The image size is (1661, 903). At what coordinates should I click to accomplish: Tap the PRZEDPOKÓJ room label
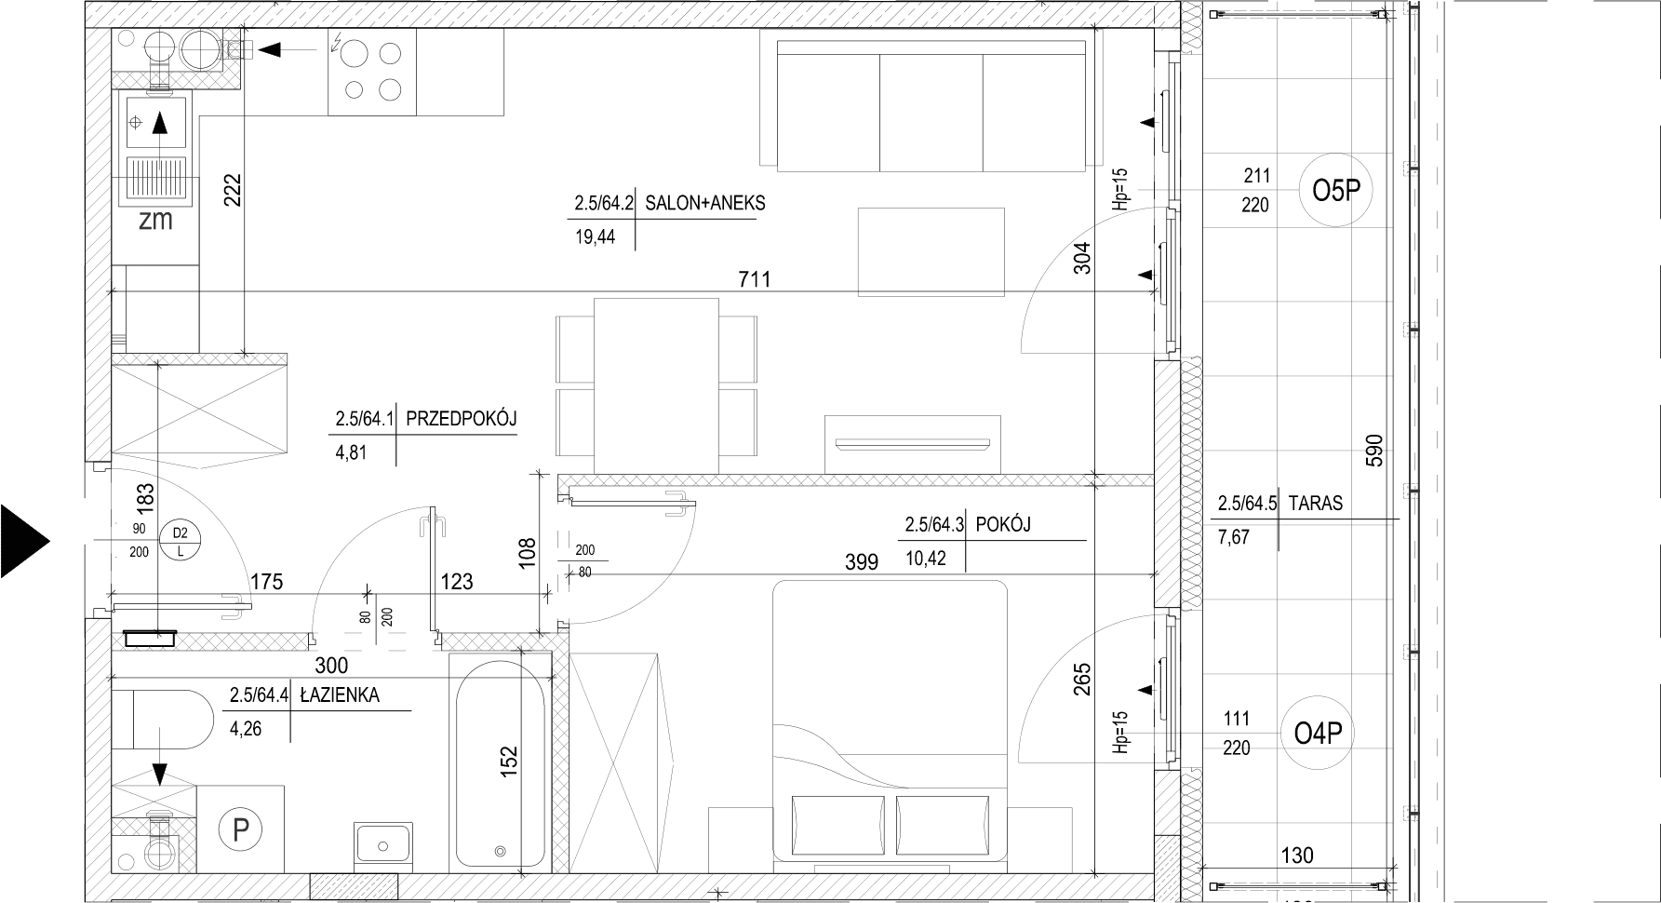[461, 419]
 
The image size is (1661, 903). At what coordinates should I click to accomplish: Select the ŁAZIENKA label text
[340, 694]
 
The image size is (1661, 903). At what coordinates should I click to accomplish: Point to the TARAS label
[1315, 504]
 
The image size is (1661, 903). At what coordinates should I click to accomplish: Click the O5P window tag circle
[1335, 191]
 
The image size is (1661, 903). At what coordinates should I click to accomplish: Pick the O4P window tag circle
[1318, 734]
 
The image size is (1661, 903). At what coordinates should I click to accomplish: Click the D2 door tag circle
[181, 542]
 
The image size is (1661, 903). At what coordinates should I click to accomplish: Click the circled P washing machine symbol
[241, 829]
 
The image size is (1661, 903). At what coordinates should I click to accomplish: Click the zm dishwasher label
[155, 220]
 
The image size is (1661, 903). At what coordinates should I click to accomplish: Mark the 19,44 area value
[596, 236]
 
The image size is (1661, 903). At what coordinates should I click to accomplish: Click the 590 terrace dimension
[1374, 451]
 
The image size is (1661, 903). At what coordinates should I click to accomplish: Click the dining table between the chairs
[656, 385]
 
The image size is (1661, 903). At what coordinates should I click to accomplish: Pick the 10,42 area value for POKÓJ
[925, 559]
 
